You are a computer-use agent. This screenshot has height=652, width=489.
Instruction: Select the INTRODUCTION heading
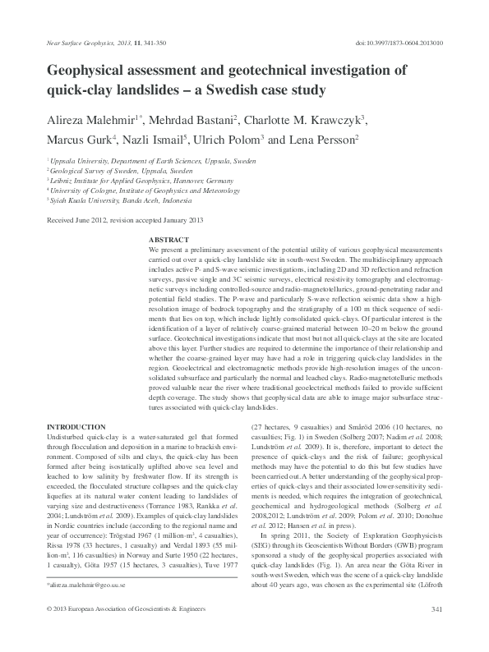pyautogui.click(x=76, y=427)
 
